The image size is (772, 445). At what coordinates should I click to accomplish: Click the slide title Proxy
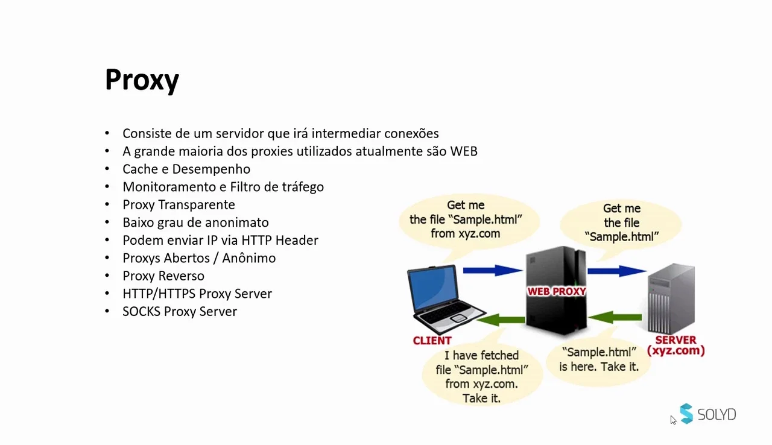point(142,81)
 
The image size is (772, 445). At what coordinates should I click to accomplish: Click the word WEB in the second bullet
point(464,151)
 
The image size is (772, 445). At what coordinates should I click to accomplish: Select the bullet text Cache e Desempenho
point(186,169)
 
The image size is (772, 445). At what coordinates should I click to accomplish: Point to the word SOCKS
point(141,311)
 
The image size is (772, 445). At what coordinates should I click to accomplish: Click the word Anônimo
point(249,258)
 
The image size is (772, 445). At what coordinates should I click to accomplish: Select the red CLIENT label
point(432,341)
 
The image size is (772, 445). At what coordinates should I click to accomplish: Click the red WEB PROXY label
point(557,292)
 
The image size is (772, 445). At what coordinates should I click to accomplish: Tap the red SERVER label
point(676,340)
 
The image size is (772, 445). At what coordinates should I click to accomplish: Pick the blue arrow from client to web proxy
point(493,270)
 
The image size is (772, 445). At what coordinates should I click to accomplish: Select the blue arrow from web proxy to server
point(616,271)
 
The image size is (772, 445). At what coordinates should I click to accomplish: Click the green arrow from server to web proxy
point(616,317)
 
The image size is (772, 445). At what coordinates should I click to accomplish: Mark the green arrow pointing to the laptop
point(501,320)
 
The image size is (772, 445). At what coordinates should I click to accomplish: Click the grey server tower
point(671,298)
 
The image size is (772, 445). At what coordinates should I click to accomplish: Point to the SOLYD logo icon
point(686,413)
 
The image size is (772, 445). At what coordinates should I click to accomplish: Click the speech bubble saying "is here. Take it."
point(599,360)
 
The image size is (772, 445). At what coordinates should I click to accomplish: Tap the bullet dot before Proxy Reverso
point(107,276)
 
